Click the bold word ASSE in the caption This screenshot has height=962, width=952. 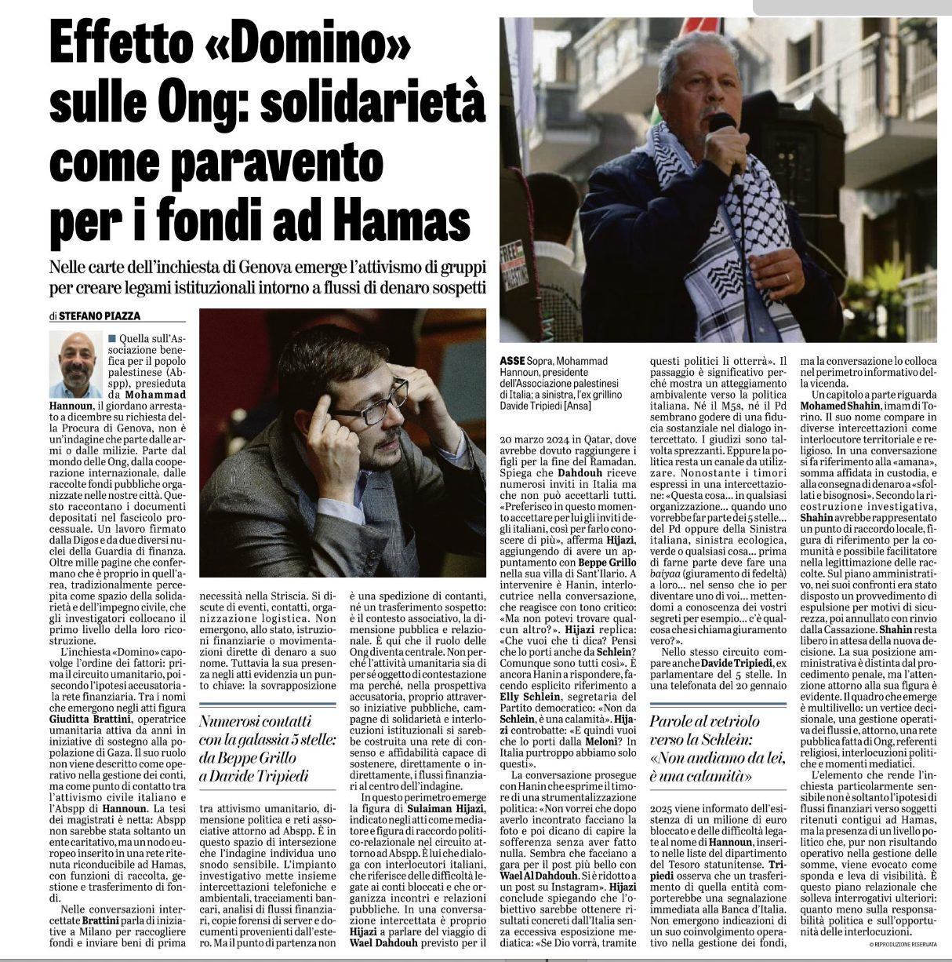coord(513,360)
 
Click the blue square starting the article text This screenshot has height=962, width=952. coord(111,336)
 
